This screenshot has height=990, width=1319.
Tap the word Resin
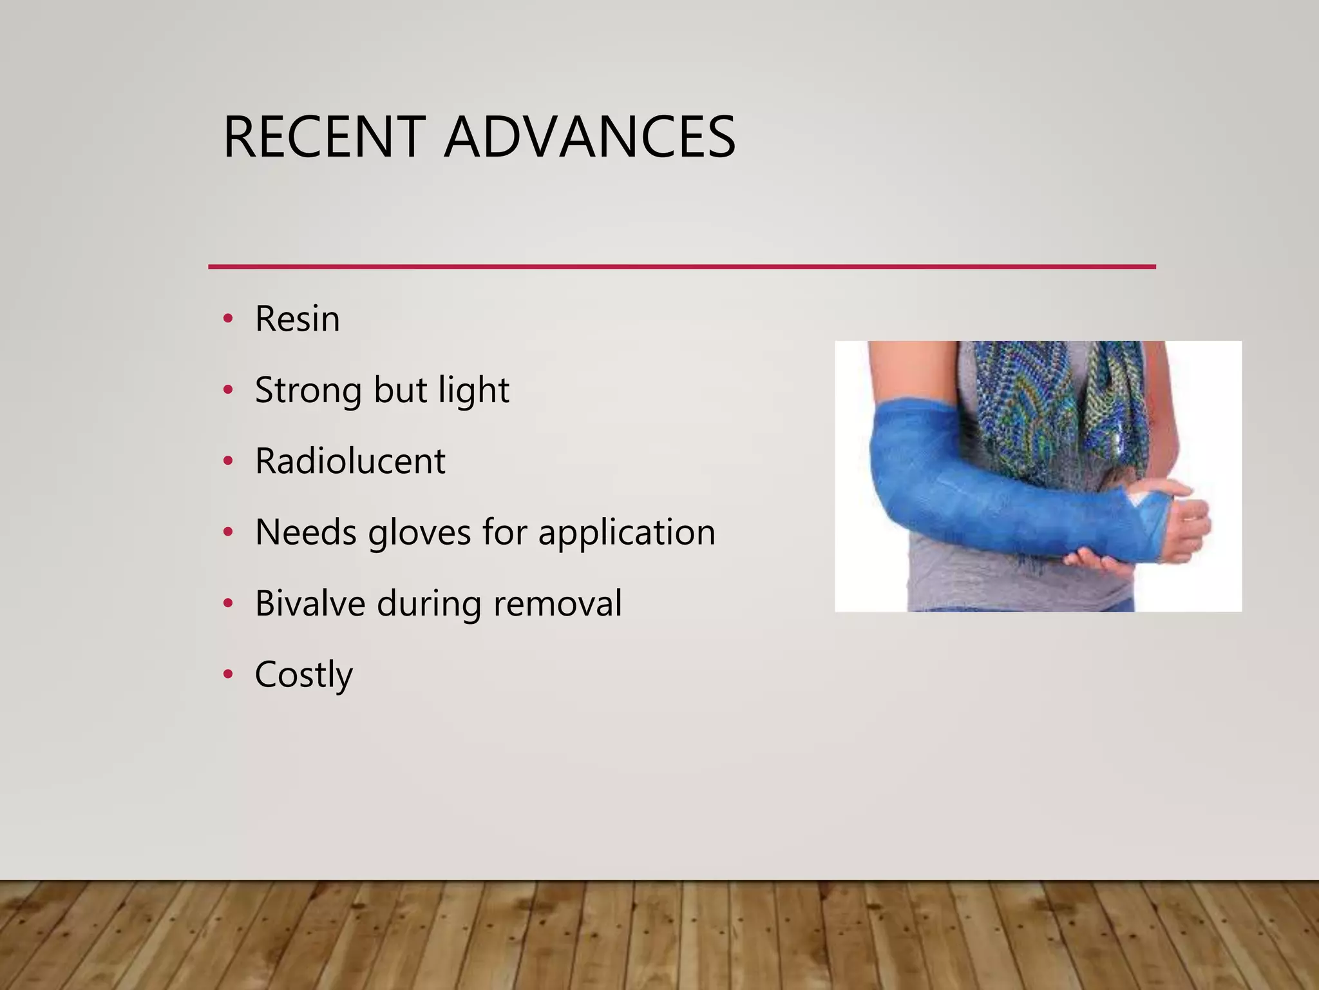pyautogui.click(x=297, y=318)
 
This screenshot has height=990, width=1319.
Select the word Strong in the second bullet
pyautogui.click(x=308, y=390)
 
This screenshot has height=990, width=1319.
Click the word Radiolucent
pyautogui.click(x=350, y=461)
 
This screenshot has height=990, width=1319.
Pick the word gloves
pyautogui.click(x=419, y=532)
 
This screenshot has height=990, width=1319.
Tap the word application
pyautogui.click(x=627, y=532)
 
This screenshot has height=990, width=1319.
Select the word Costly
pyautogui.click(x=303, y=675)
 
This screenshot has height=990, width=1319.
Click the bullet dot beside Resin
pyautogui.click(x=227, y=319)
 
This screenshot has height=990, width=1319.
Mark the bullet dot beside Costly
pyautogui.click(x=227, y=675)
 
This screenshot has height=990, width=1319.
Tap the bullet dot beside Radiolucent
pyautogui.click(x=227, y=461)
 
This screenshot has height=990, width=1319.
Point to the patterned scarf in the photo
pyautogui.click(x=1056, y=400)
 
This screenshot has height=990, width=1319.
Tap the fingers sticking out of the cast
pyautogui.click(x=1191, y=522)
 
